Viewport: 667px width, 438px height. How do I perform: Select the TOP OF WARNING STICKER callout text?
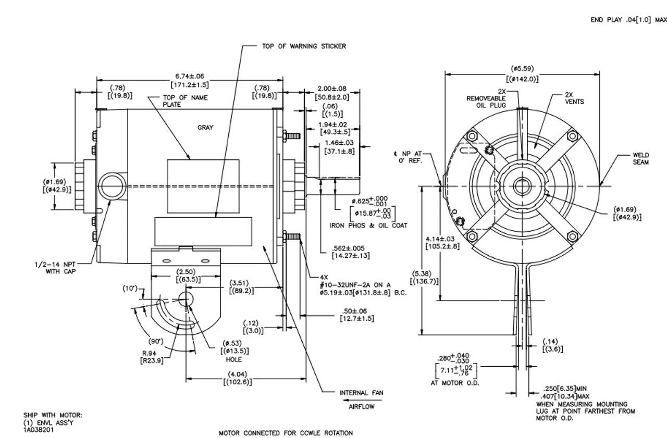pyautogui.click(x=304, y=46)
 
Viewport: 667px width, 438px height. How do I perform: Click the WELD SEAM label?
pyautogui.click(x=641, y=158)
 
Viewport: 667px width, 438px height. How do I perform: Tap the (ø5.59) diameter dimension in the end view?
pyautogui.click(x=522, y=68)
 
